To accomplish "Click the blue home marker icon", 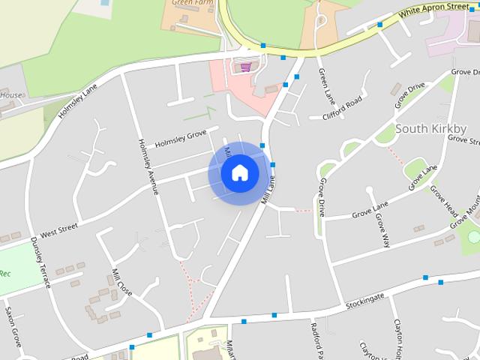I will pyautogui.click(x=239, y=173).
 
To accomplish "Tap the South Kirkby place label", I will pyautogui.click(x=430, y=128).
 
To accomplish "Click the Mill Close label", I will pyautogui.click(x=121, y=280).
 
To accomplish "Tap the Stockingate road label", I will pyautogui.click(x=365, y=301).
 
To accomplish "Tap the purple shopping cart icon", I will pyautogui.click(x=245, y=67).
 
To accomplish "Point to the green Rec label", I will pyautogui.click(x=4, y=274).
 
